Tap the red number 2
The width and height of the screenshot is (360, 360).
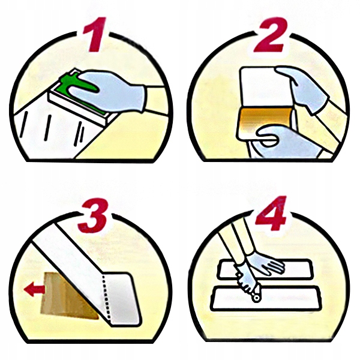pyautogui.click(x=272, y=34)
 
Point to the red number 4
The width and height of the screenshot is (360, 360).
pyautogui.click(x=272, y=214)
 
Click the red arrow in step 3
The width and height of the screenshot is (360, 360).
pyautogui.click(x=34, y=289)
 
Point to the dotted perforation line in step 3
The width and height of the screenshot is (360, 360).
pyautogui.click(x=106, y=298)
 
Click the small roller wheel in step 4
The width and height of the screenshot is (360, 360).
pyautogui.click(x=256, y=298)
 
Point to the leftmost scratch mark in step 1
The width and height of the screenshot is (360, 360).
pyautogui.click(x=23, y=124)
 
